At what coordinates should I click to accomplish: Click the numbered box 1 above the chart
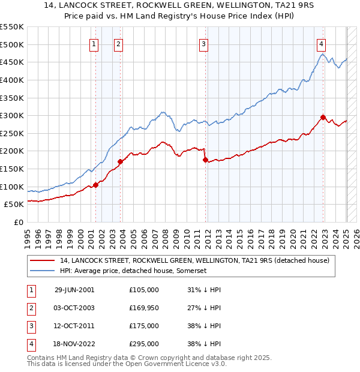tap(95, 43)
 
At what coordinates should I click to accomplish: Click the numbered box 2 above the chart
tap(119, 43)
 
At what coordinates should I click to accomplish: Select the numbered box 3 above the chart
tap(204, 43)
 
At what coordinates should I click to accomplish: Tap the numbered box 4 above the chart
tap(322, 43)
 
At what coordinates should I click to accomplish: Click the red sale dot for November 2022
tap(323, 117)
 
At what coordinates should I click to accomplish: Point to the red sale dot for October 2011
tap(205, 160)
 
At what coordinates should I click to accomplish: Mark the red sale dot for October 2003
tap(120, 161)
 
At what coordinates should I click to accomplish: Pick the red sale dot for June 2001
tap(96, 185)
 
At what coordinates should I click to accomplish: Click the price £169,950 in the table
tap(144, 308)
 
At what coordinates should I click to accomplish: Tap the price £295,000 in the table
tap(144, 344)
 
